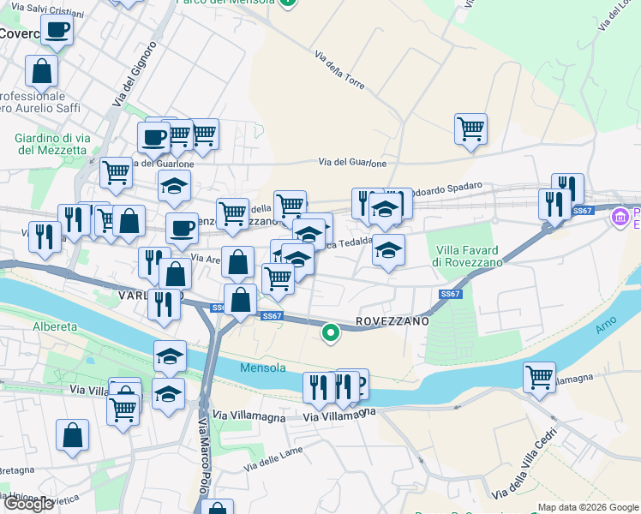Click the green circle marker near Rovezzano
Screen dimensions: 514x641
point(330,333)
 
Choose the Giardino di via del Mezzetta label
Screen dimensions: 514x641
point(51,144)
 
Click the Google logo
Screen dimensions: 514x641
point(28,504)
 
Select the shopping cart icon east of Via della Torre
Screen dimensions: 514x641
point(470,129)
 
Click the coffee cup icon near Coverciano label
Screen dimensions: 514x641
point(57,30)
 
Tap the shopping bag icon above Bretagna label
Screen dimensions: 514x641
point(73,434)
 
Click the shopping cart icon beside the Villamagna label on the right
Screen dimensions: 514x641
point(540,377)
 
